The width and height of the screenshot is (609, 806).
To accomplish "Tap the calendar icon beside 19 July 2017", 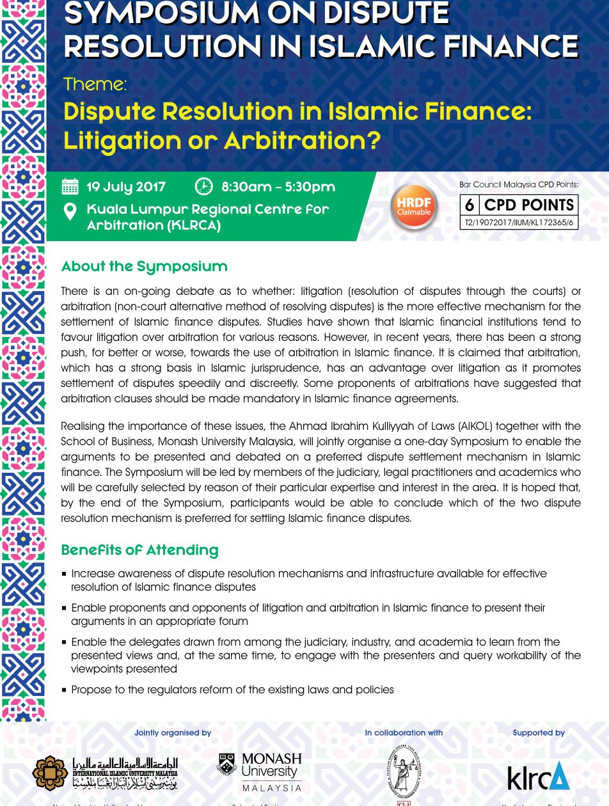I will point(70,187).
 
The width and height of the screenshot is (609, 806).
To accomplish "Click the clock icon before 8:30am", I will point(203,186).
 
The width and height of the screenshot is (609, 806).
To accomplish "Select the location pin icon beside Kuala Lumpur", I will point(70,212).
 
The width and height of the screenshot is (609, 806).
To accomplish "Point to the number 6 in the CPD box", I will point(470,205).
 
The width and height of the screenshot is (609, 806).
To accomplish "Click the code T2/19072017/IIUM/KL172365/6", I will point(519,223).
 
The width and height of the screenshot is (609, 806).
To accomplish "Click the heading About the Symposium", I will point(144,266).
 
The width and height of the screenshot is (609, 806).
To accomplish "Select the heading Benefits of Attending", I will point(139,550).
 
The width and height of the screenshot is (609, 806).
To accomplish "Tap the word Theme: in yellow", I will point(95,84).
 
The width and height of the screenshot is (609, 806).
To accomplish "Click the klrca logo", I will point(538,776).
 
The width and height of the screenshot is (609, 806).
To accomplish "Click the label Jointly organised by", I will point(173,733).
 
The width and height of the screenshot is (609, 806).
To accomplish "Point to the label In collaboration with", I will point(404,733).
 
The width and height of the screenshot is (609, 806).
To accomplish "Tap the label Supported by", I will point(539,733).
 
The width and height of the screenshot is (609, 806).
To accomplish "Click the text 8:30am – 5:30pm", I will point(278,187).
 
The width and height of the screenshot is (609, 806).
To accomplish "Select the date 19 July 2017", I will point(126,187).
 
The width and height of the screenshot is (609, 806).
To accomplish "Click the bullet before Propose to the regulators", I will point(64,690).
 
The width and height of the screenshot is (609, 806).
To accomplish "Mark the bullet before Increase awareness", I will point(64,574).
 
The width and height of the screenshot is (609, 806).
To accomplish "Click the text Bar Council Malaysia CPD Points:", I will point(519,185).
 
